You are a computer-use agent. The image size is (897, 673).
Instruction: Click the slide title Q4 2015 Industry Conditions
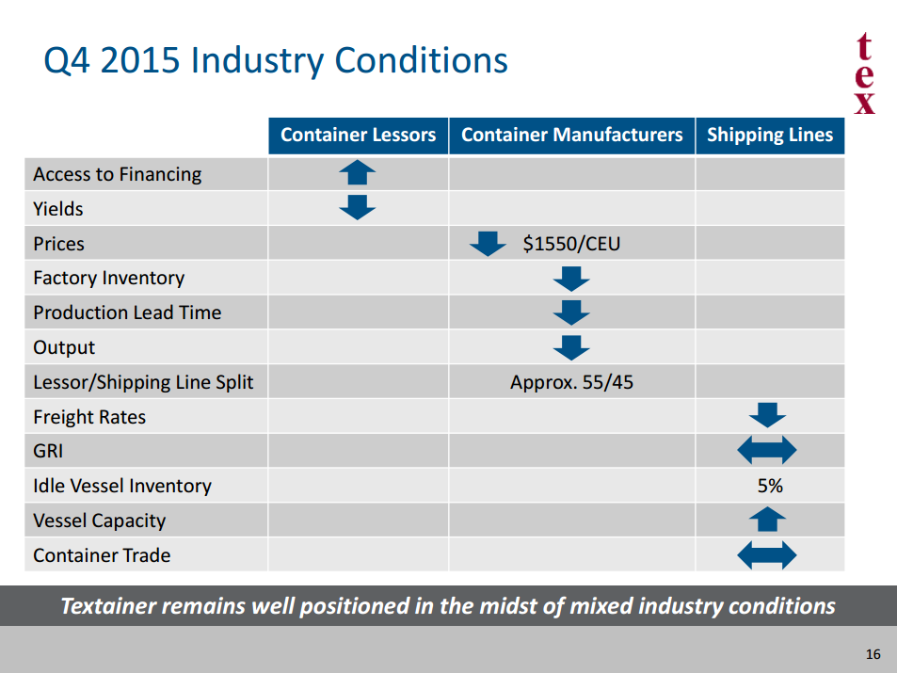tap(275, 61)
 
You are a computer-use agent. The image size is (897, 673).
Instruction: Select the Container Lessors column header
tap(358, 135)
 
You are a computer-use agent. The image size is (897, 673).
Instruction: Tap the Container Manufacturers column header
tap(571, 135)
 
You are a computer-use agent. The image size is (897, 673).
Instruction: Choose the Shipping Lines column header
tap(769, 135)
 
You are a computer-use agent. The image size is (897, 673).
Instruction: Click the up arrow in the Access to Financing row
tap(357, 173)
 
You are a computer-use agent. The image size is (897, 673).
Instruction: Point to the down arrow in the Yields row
tap(357, 208)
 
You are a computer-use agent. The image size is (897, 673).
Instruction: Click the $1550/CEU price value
tap(571, 244)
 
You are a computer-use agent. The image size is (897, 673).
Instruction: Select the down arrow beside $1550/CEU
tap(488, 244)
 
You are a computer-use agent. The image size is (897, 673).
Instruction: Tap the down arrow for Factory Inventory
tap(571, 278)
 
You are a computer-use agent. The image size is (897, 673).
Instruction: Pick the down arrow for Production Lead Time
tap(571, 312)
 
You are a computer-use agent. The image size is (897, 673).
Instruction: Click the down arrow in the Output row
tap(571, 347)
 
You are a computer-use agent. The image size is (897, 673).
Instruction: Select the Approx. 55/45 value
tap(571, 382)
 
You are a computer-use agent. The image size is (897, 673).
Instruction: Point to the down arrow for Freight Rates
tap(767, 416)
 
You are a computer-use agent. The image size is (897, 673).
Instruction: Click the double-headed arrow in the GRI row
tap(767, 451)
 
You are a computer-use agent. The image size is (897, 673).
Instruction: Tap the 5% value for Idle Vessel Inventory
tap(769, 486)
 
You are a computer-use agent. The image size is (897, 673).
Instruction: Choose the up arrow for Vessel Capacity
tap(767, 520)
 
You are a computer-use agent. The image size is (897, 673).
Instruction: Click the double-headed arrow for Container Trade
tap(767, 555)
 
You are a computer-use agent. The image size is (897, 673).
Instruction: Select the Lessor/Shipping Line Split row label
tap(143, 382)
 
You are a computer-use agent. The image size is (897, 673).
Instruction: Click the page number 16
tap(873, 654)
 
